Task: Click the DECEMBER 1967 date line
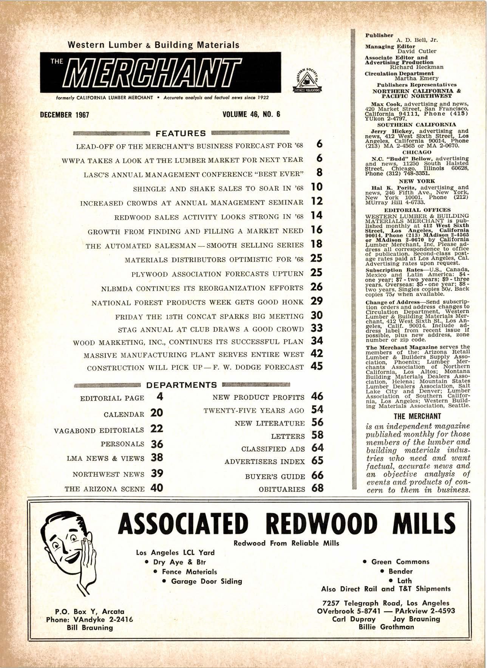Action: (x=64, y=115)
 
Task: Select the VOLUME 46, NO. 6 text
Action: (x=251, y=114)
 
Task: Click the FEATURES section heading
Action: (x=181, y=133)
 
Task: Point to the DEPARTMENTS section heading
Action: (x=181, y=385)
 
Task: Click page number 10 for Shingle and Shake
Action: (x=317, y=187)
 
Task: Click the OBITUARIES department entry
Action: (x=282, y=489)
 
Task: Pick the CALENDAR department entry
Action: (x=124, y=414)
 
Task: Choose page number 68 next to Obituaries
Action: (x=317, y=488)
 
